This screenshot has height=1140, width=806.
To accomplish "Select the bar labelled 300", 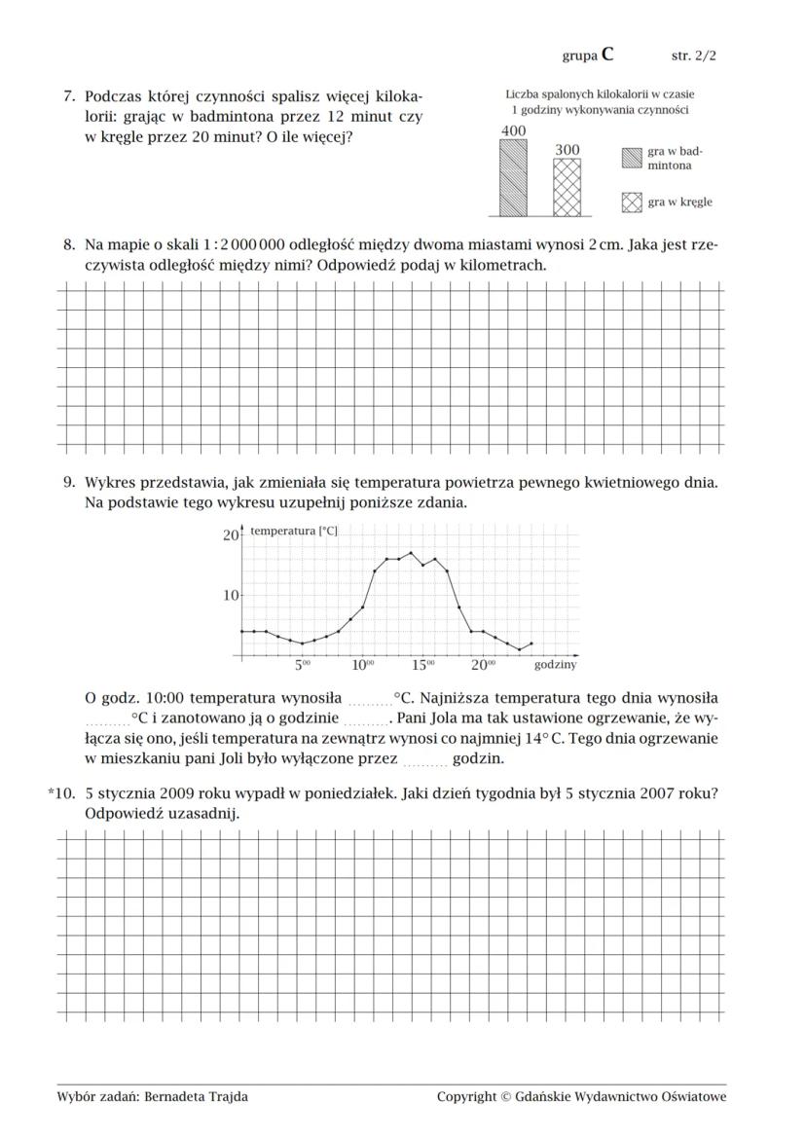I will pos(567,187).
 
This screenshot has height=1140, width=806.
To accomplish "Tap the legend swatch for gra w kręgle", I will pos(632,202).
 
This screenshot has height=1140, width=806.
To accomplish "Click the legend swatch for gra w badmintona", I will pos(632,158).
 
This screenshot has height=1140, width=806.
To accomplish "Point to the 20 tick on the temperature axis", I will pos(231,534).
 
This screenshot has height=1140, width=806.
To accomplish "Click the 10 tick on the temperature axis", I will pos(231,595).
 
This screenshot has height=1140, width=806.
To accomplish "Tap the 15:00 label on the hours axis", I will pos(422,666).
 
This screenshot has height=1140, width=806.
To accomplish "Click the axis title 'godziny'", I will pos(555,666).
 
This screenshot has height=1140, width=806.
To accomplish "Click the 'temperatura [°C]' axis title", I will pos(294,532).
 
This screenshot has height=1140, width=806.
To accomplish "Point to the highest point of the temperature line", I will pos(411,553).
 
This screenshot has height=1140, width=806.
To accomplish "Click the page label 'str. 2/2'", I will pos(694,55).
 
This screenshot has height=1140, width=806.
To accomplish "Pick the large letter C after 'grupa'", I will pos(607,55).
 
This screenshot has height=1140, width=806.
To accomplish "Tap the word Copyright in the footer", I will pos(466,1097).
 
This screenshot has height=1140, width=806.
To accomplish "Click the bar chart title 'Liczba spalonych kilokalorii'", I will pos(600,94).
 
